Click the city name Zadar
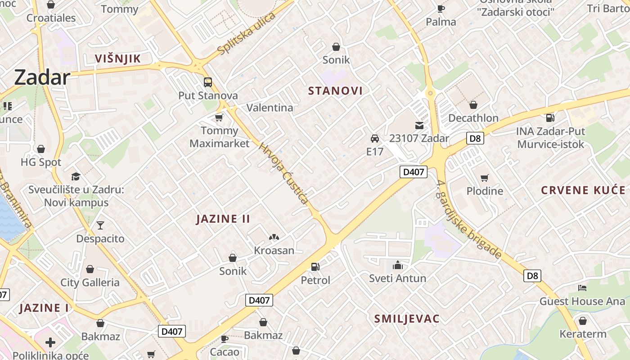click(x=42, y=77)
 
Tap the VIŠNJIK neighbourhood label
click(x=118, y=58)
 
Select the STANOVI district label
click(x=335, y=91)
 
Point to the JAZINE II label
click(x=223, y=219)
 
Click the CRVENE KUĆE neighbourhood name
click(x=583, y=190)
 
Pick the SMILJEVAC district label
click(x=407, y=319)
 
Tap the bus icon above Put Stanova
click(x=208, y=82)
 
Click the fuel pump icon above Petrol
click(x=315, y=267)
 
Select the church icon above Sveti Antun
click(x=398, y=265)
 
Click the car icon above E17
click(x=375, y=138)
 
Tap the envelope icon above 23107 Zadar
click(x=419, y=125)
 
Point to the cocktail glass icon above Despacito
click(x=100, y=225)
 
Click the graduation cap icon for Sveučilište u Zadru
click(x=76, y=176)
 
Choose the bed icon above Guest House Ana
click(x=582, y=288)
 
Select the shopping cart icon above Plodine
click(x=485, y=178)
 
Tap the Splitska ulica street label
click(x=246, y=34)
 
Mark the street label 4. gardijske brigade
click(x=469, y=219)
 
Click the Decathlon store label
click(x=473, y=118)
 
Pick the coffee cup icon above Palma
click(x=441, y=9)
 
